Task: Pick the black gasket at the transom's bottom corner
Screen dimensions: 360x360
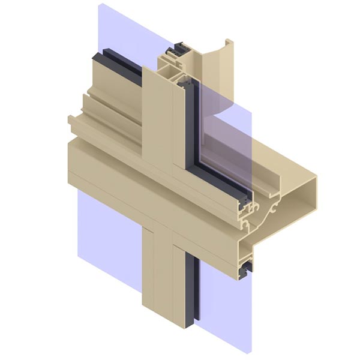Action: point(245,273)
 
